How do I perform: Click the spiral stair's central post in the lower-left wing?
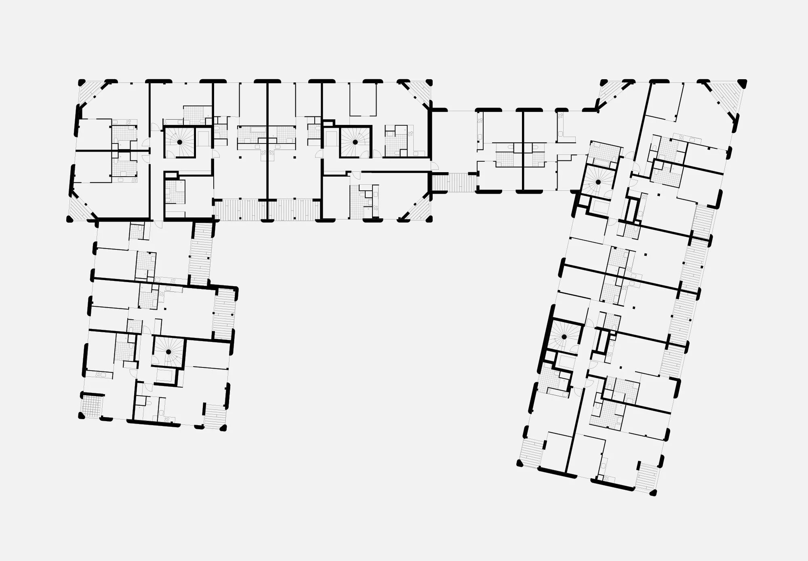click(168, 352)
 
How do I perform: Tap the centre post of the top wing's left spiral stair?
click(179, 142)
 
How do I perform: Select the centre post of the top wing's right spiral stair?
click(355, 142)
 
